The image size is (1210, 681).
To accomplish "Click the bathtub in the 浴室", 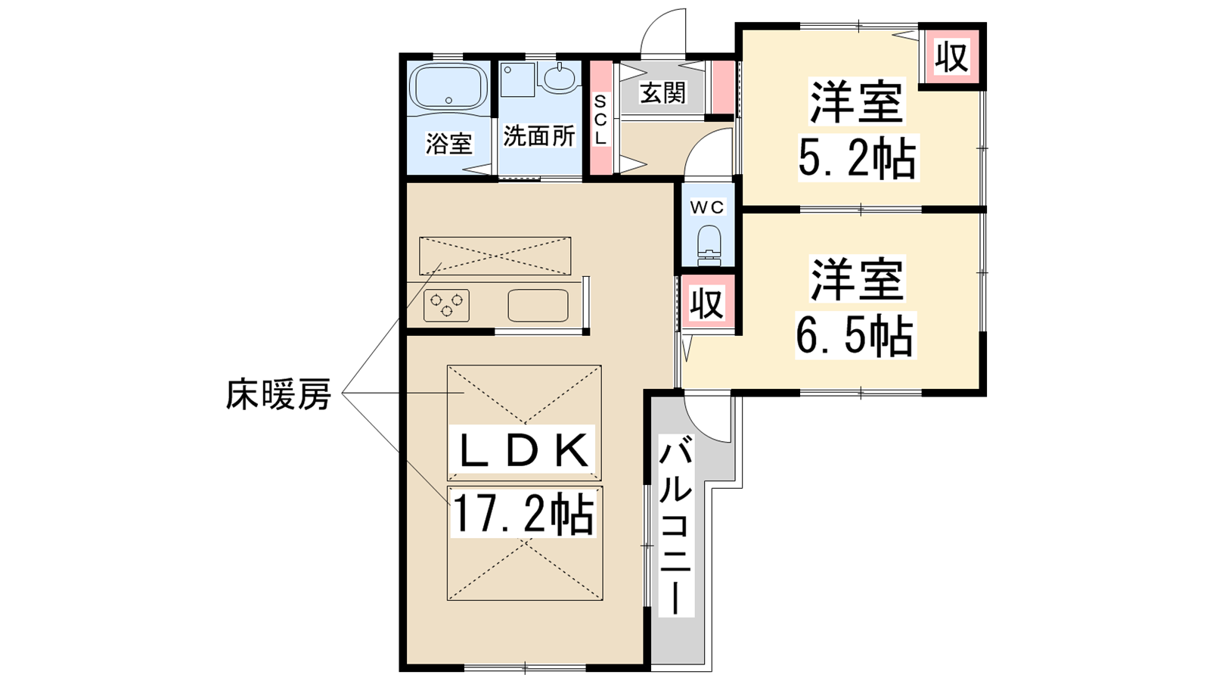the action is [448, 87].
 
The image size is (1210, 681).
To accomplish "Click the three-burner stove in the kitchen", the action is [446, 306].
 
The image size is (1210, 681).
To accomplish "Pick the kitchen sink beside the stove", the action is [538, 306].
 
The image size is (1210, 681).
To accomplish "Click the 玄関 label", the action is [662, 93].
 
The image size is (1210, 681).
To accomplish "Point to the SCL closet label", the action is [600, 120].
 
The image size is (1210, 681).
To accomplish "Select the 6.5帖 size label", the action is [855, 336].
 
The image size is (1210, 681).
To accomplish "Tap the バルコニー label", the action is [676, 529].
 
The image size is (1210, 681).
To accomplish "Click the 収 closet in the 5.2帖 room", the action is [952, 56].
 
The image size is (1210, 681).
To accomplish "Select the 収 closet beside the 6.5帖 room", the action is [707, 303].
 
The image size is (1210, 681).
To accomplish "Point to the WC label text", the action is [707, 207].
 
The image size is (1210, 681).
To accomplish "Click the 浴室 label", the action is [449, 144].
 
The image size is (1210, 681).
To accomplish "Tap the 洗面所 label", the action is [539, 136].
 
